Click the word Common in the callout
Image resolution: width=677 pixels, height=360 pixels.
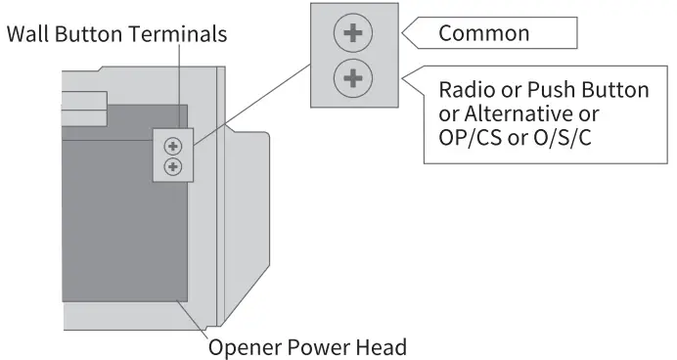[x=483, y=33]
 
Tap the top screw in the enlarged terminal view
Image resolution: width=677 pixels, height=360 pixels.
[x=353, y=33]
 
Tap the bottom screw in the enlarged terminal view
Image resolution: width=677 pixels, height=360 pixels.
[x=353, y=77]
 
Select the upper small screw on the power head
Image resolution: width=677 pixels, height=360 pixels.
[x=173, y=147]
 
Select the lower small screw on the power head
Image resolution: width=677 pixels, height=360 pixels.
[x=173, y=166]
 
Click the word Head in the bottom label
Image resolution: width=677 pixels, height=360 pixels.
[x=382, y=346]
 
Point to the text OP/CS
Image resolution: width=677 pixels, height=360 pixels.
[x=469, y=138]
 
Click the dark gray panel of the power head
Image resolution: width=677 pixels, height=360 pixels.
[x=117, y=225]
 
